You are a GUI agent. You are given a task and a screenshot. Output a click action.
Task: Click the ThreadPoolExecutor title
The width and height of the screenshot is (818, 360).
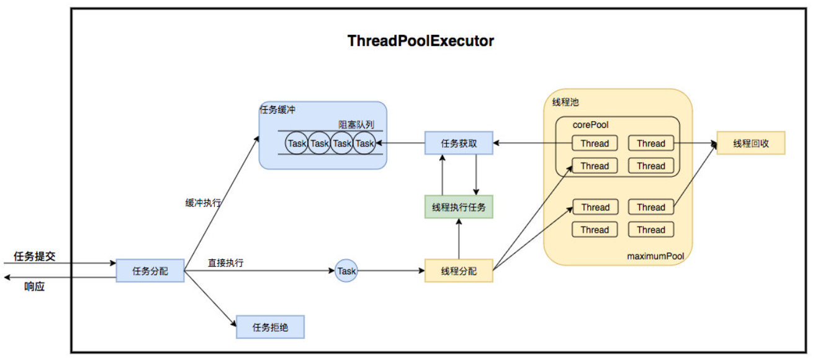(420, 42)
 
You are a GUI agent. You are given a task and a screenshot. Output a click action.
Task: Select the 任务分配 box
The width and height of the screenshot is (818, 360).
(150, 271)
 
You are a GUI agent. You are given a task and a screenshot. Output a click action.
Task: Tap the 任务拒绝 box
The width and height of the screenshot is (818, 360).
(271, 326)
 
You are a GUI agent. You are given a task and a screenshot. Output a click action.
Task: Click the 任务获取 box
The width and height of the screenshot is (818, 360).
(459, 143)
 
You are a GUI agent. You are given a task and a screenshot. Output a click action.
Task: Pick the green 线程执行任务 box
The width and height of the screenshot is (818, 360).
(459, 207)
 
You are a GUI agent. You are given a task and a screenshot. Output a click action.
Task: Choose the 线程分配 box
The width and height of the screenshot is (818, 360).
(459, 271)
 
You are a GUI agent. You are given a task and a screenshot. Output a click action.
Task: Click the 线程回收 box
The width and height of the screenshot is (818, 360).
(750, 143)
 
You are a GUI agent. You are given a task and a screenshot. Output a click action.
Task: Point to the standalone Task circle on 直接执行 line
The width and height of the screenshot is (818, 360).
(346, 271)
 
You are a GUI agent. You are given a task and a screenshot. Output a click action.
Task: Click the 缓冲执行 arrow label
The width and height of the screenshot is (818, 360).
(202, 203)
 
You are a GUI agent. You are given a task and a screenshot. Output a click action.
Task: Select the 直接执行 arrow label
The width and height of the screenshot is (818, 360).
(225, 263)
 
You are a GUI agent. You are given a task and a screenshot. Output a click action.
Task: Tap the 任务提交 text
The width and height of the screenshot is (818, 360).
(35, 256)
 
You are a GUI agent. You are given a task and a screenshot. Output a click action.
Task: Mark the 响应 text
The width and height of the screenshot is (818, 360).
(35, 287)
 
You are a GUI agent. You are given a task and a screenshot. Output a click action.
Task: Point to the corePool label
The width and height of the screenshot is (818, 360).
(591, 125)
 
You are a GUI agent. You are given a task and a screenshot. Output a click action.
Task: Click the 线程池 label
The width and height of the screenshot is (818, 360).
(565, 102)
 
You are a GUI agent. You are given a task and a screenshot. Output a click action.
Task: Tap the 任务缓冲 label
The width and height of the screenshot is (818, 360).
(277, 110)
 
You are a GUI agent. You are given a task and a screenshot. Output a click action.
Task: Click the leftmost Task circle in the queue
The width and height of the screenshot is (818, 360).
(297, 143)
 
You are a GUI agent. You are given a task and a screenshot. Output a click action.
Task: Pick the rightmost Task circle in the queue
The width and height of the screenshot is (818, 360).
(364, 143)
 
